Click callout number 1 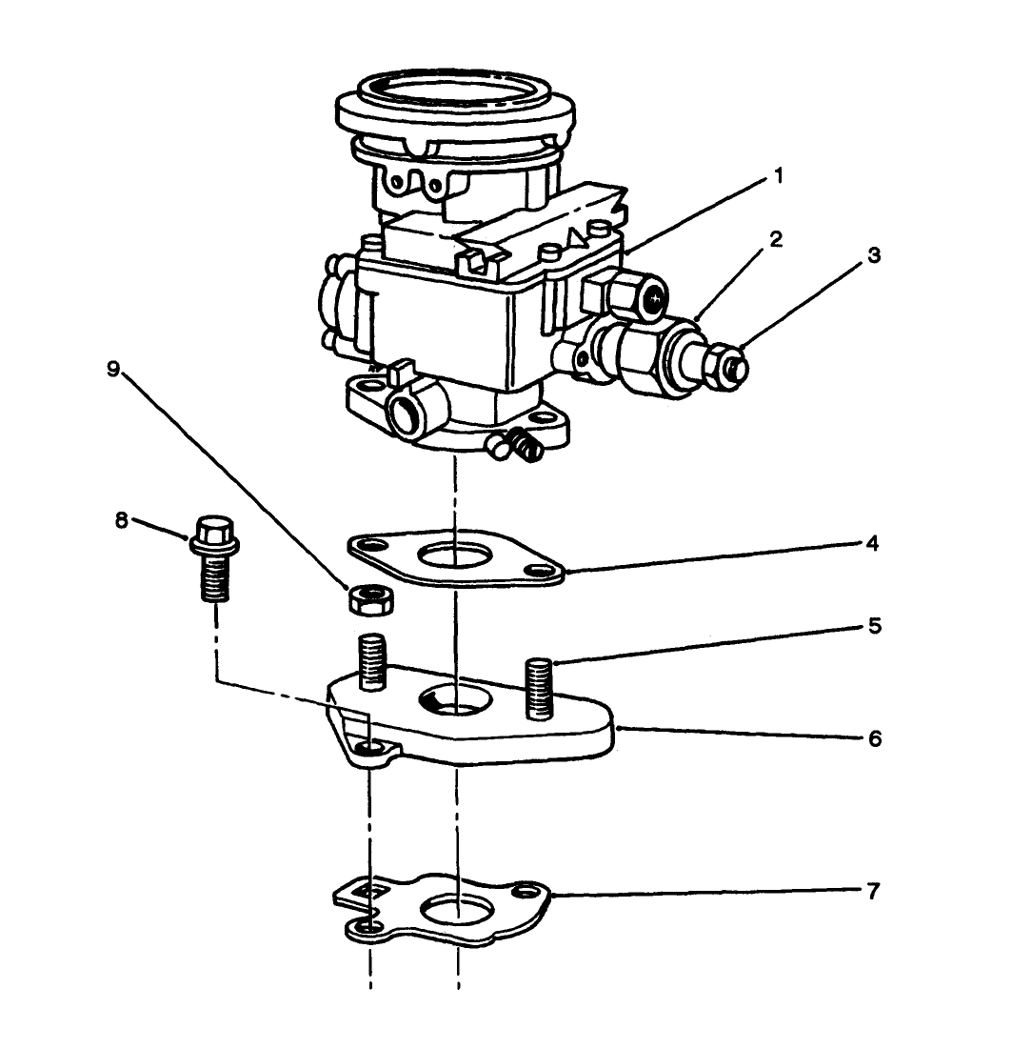[778, 177]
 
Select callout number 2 [776, 239]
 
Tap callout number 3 [874, 256]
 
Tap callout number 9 [113, 370]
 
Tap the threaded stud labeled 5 [539, 686]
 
